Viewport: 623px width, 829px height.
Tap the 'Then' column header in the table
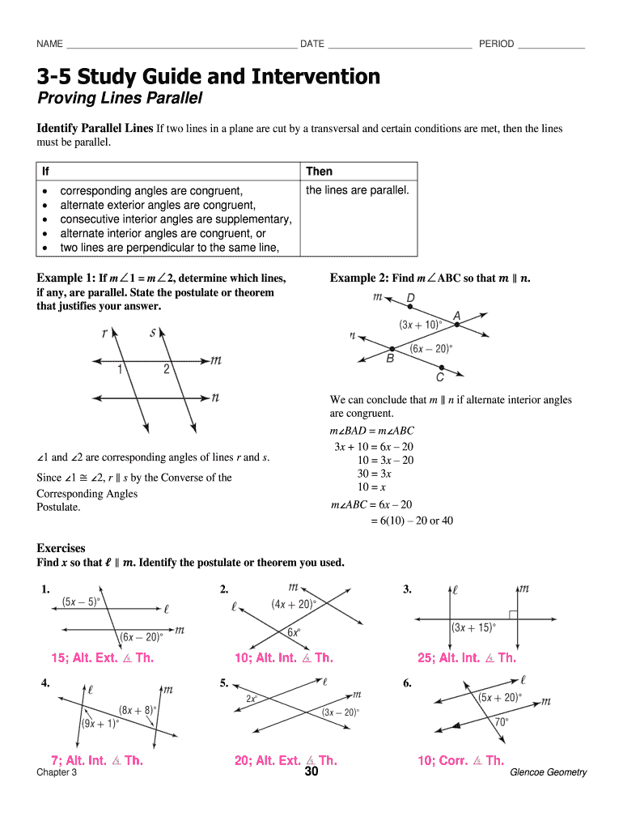(319, 172)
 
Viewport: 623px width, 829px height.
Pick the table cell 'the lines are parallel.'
(357, 190)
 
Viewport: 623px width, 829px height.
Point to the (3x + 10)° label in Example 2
(419, 324)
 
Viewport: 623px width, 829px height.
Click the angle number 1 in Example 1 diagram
(120, 369)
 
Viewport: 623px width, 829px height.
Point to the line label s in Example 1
(153, 332)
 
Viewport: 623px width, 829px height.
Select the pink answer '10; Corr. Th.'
(460, 760)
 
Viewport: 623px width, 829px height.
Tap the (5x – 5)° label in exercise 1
(81, 602)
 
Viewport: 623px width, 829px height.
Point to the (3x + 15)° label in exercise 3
(473, 627)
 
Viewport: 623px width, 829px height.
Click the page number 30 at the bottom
(311, 772)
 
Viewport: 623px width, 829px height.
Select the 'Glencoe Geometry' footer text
(548, 772)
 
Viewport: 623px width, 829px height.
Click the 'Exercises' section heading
(61, 548)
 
